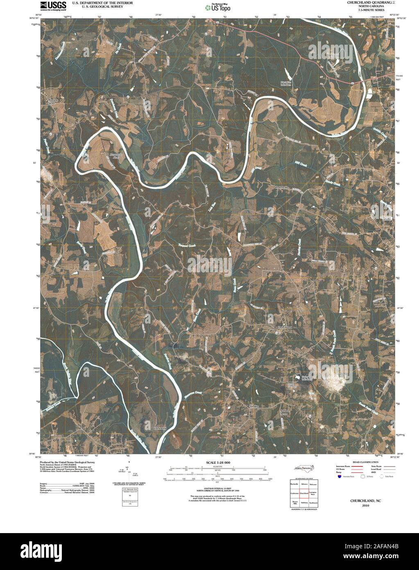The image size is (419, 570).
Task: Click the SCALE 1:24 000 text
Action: pyautogui.click(x=217, y=463)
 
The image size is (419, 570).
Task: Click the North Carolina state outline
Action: pyautogui.click(x=303, y=468)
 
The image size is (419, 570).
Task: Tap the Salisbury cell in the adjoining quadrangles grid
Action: pyautogui.click(x=303, y=502)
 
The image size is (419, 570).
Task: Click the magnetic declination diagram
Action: pyautogui.click(x=129, y=472)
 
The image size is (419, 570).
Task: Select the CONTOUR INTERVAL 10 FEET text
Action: pyautogui.click(x=217, y=488)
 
